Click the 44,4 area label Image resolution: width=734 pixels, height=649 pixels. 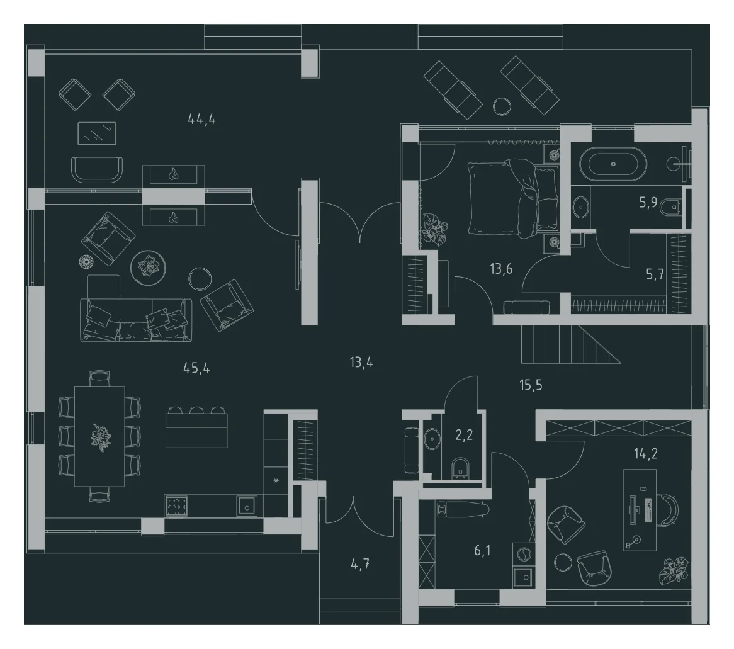click(201, 120)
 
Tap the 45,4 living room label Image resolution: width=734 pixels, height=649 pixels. click(196, 368)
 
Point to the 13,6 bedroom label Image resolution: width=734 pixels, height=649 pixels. click(501, 269)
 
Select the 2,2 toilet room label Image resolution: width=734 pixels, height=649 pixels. click(464, 436)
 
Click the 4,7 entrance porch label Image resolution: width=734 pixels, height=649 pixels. click(360, 564)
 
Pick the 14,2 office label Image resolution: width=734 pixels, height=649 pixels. click(645, 454)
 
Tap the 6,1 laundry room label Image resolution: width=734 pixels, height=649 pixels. click(482, 551)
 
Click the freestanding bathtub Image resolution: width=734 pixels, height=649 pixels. click(613, 164)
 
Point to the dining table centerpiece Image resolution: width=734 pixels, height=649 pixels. click(101, 436)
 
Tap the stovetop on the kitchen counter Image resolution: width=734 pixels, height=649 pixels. click(176, 506)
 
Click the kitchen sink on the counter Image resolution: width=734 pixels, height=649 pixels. click(246, 506)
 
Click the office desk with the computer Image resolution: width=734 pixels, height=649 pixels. click(640, 509)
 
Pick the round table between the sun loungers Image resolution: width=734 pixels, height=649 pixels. click(501, 106)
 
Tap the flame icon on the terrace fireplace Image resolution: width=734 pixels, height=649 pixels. click(173, 175)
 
